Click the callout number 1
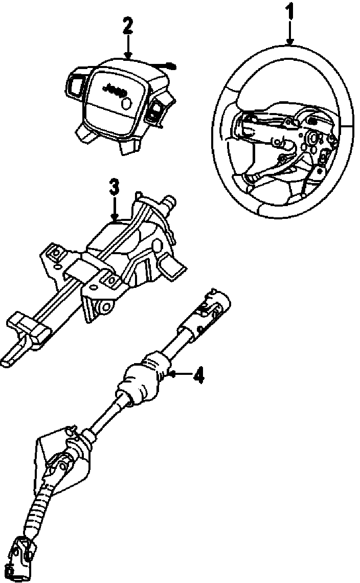(290, 11)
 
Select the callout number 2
(127, 26)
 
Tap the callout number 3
(115, 188)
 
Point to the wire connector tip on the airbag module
(172, 65)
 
